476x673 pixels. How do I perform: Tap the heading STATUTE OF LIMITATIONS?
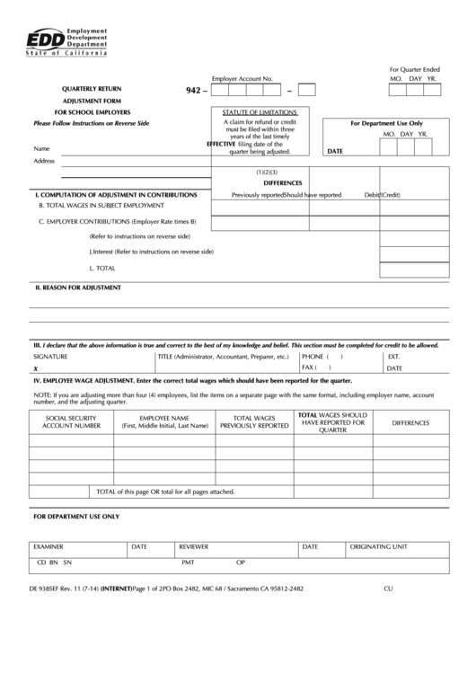coord(260,111)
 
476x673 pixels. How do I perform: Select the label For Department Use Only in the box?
coord(385,122)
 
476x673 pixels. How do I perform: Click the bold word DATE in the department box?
coord(336,153)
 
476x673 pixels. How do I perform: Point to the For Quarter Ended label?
coord(414,69)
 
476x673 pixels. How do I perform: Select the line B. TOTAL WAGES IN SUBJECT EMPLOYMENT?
coord(101,206)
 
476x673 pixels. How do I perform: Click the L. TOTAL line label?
coord(102,268)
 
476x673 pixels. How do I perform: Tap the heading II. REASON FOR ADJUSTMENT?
coord(77,288)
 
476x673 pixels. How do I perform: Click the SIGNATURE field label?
coord(50,357)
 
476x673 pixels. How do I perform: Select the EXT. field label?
coord(393,357)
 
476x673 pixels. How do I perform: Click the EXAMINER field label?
coord(48,545)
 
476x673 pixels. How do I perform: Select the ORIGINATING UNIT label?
coord(378,545)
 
